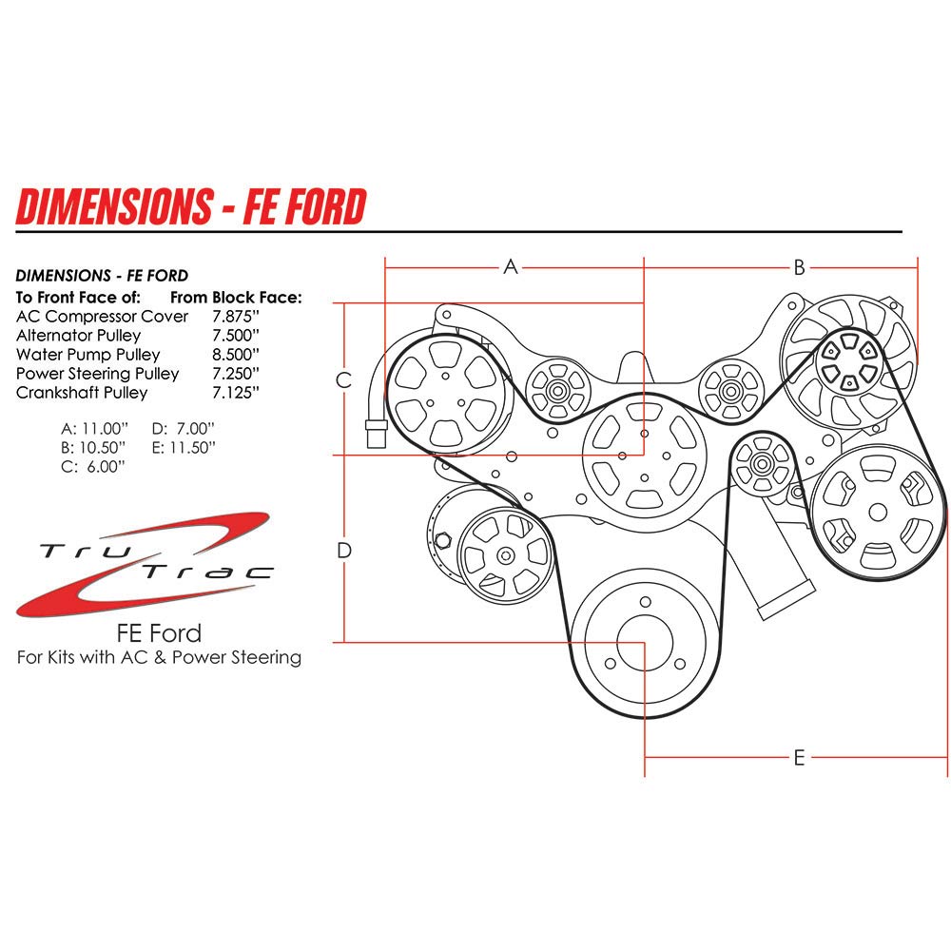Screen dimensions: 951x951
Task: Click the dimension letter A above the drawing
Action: point(511,267)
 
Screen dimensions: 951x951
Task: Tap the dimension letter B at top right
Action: point(800,266)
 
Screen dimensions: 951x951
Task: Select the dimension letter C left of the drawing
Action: point(345,380)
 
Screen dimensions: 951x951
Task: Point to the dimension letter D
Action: point(345,550)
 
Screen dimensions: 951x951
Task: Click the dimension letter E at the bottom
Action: point(799,758)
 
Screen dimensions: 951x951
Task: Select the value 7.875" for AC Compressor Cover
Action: point(237,317)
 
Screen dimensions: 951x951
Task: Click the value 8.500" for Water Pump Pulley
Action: point(237,355)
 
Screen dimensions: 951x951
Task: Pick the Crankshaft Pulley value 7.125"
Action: point(237,393)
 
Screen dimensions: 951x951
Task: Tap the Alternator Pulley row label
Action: point(78,336)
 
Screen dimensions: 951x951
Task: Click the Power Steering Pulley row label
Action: point(97,374)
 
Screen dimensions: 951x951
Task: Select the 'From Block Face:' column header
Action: point(236,298)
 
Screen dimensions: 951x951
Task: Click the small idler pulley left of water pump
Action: point(556,390)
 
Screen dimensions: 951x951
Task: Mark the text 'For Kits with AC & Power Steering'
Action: point(159,657)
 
